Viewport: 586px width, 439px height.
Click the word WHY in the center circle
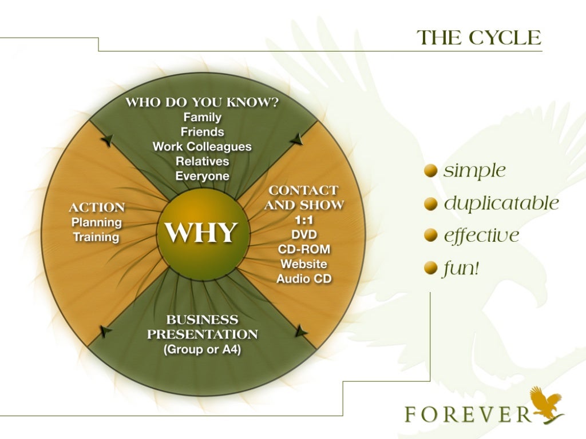200,233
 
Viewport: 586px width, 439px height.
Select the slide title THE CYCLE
478,38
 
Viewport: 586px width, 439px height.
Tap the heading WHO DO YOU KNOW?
202,103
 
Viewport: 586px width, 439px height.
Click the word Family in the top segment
202,117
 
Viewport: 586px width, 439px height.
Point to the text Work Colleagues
202,146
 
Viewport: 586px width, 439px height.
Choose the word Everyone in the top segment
202,176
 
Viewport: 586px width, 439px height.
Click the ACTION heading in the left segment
96,207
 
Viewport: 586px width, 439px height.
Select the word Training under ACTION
96,237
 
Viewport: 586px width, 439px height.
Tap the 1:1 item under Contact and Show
303,219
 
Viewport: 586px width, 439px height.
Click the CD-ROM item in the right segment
303,249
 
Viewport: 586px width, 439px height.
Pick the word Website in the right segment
303,264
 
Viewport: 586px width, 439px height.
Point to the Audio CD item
303,279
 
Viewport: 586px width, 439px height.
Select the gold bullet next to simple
431,171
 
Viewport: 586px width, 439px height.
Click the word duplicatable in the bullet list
501,203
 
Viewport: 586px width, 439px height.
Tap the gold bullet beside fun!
431,268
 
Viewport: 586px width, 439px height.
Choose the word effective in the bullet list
481,236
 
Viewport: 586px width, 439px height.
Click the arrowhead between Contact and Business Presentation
300,330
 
